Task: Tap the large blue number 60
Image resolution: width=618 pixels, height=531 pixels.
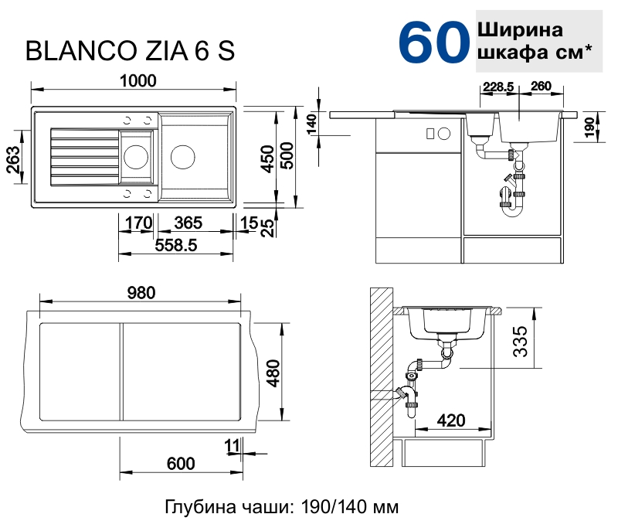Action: [x=434, y=43]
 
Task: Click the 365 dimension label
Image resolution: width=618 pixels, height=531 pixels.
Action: [x=188, y=223]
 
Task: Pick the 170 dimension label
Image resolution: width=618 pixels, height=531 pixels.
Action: [x=138, y=223]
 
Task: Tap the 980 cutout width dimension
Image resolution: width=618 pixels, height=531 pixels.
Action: [x=142, y=293]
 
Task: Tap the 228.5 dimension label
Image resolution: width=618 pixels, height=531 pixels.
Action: [x=498, y=87]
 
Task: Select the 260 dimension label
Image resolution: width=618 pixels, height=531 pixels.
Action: [x=541, y=87]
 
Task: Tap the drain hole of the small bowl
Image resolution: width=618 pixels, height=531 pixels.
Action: [x=136, y=156]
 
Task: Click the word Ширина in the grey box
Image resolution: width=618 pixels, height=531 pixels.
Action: [x=519, y=30]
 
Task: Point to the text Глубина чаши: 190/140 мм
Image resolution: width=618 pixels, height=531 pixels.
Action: [x=282, y=508]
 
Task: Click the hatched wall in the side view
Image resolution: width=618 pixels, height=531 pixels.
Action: [x=380, y=379]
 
